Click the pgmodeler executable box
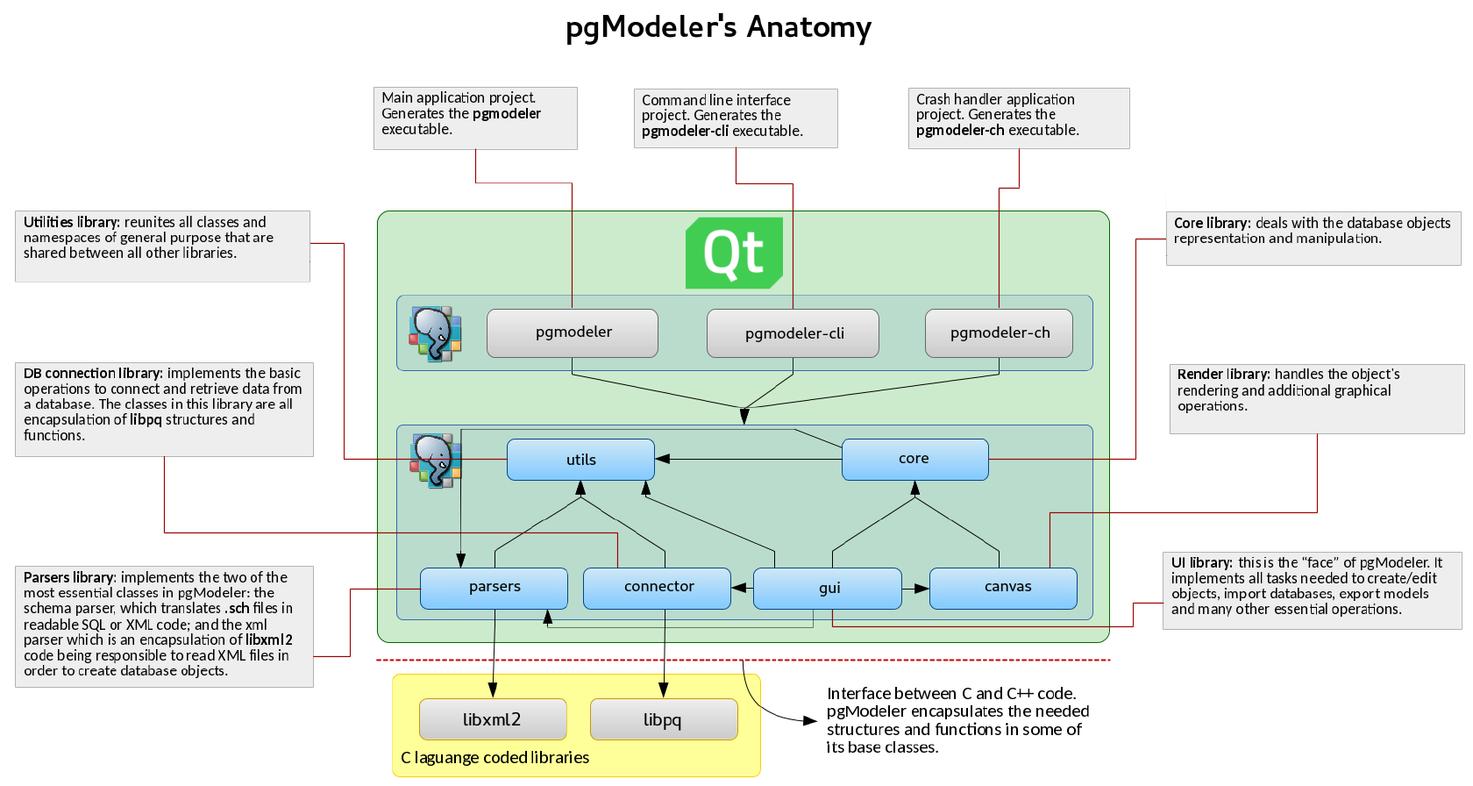pos(572,333)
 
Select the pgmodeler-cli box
pos(793,333)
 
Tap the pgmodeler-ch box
pos(999,333)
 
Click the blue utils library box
pos(580,460)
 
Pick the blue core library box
pos(914,460)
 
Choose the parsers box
pos(494,589)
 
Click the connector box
pos(657,589)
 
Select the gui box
pos(828,589)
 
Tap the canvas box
pos(1003,589)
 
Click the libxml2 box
pos(493,719)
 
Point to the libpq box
pos(665,719)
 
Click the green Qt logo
pos(734,254)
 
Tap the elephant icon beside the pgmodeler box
pos(435,333)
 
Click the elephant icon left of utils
pos(435,461)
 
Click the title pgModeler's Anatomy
pos(719,28)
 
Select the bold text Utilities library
pos(72,222)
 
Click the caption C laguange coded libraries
pos(495,758)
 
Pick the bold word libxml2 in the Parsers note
pos(269,640)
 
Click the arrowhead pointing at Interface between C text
pos(810,721)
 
